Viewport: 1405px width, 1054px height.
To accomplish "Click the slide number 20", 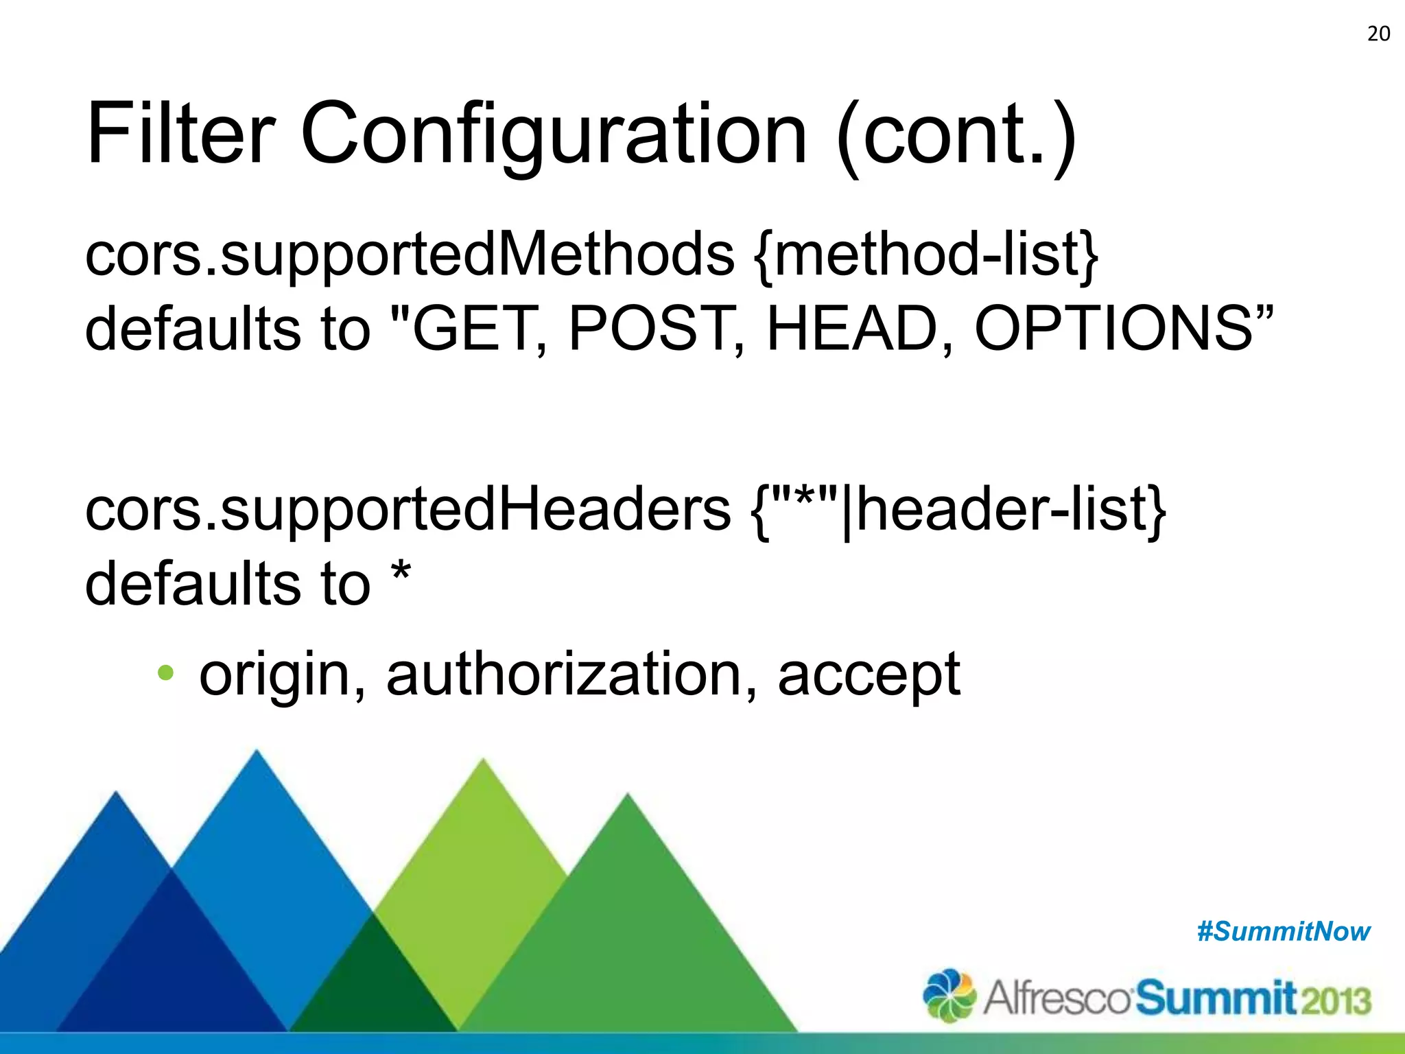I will click(x=1378, y=34).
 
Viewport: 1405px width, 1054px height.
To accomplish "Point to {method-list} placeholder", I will click(x=925, y=254).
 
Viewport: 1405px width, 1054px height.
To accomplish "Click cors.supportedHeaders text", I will click(x=408, y=511).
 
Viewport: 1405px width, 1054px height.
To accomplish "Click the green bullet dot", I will click(x=165, y=672).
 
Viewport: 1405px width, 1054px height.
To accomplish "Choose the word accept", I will click(x=869, y=677).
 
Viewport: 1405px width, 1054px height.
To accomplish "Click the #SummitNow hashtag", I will click(x=1283, y=931).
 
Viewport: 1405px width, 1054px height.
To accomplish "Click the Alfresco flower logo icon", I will click(x=949, y=996).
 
